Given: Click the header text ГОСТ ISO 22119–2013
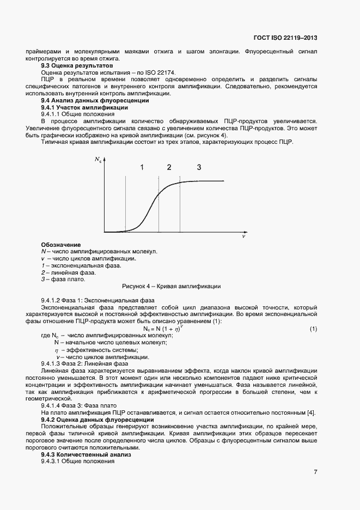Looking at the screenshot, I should (x=285, y=38).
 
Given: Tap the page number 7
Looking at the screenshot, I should (x=315, y=472).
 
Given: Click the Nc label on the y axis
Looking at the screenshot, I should (x=97, y=160).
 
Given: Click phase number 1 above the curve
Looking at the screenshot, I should (x=142, y=167).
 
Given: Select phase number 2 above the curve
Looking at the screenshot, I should (x=169, y=167).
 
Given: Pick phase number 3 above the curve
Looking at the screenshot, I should (x=199, y=167).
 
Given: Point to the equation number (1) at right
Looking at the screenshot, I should (x=313, y=329).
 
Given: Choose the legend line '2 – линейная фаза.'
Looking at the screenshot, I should (x=69, y=272).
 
